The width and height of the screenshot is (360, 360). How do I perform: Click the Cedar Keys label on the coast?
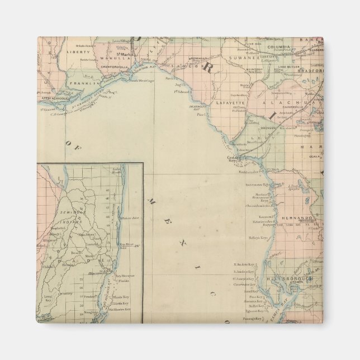[x=233, y=158]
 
